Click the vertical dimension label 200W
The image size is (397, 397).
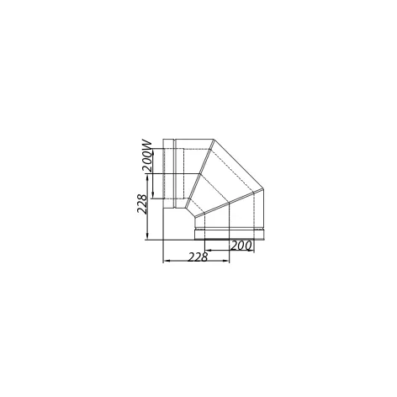pos(147,156)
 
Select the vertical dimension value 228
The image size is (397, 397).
pos(142,204)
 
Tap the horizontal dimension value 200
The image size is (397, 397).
pos(241,246)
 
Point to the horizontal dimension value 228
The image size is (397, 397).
pos(198,257)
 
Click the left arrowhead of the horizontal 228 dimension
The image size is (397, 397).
pos(166,261)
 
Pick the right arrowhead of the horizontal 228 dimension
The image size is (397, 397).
pos(226,261)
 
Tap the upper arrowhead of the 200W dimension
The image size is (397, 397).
pos(153,152)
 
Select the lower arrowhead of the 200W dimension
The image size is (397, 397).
pos(153,195)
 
